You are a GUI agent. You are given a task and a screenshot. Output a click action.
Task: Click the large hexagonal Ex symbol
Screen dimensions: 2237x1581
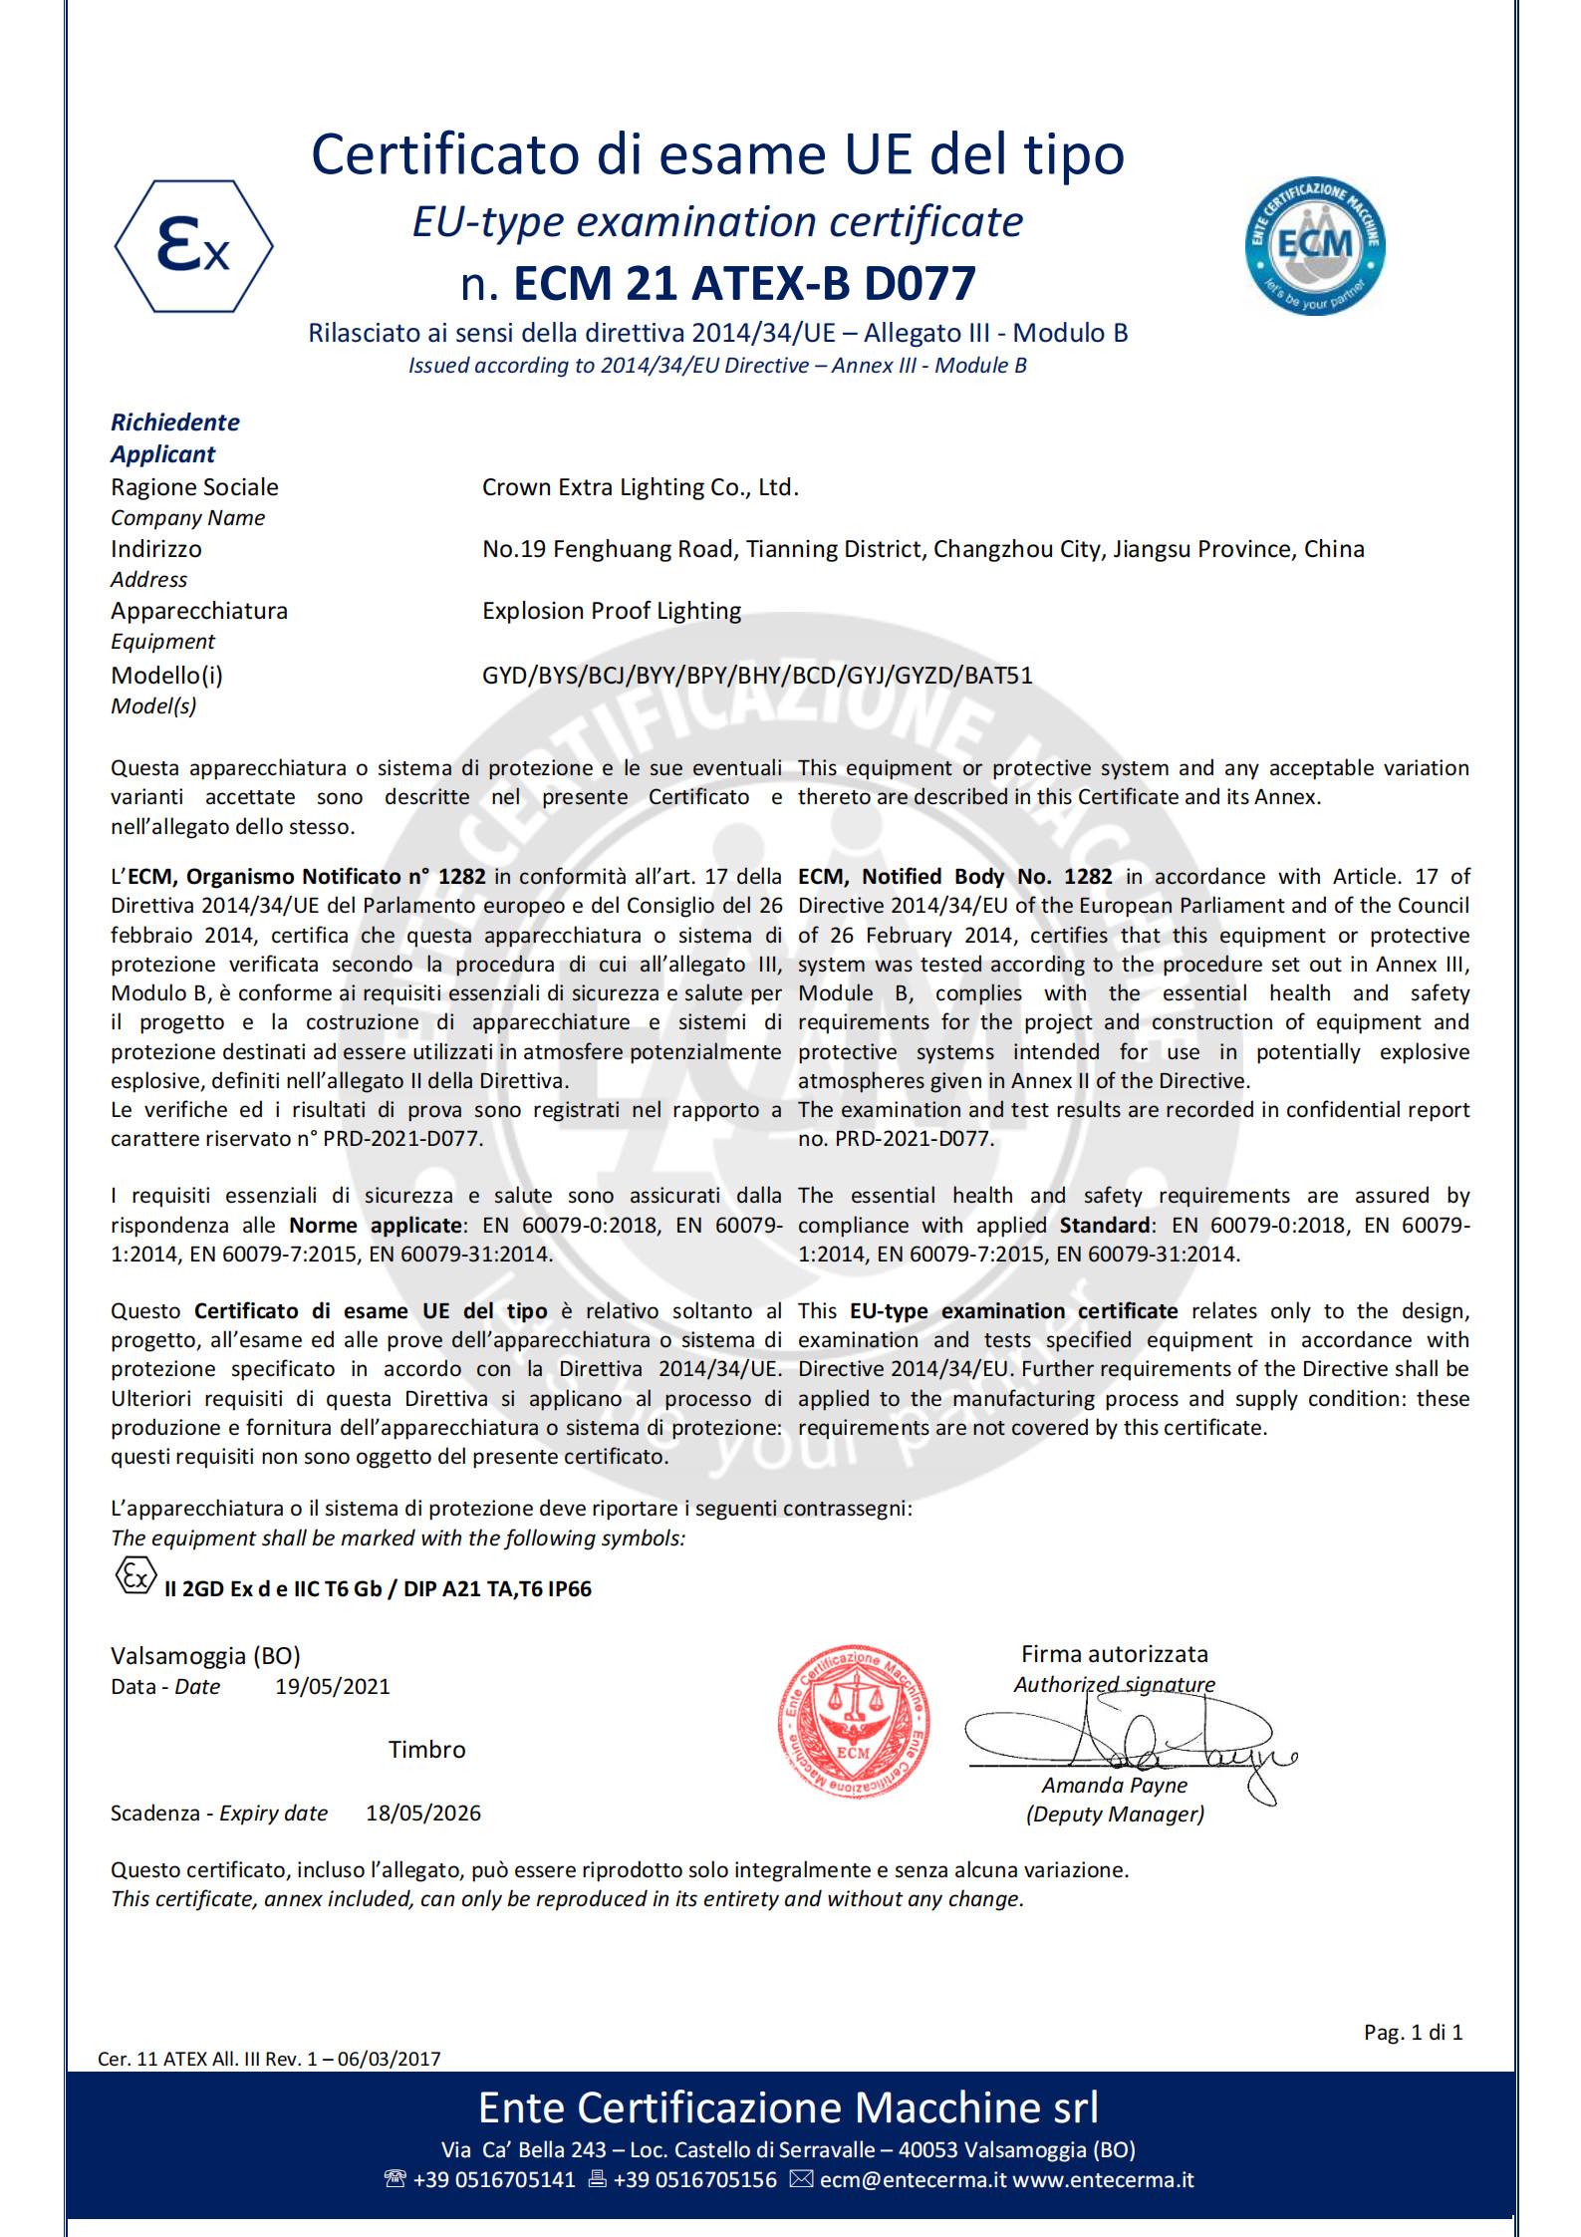(x=193, y=246)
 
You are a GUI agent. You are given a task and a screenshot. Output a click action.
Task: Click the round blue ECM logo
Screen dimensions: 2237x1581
(x=1314, y=246)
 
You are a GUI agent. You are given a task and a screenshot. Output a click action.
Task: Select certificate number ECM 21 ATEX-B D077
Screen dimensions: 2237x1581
(x=743, y=283)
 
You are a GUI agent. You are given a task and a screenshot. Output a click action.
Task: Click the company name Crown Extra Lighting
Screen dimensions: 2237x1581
(x=640, y=487)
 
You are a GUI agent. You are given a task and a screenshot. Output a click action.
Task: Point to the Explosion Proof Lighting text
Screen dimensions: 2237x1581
(x=612, y=611)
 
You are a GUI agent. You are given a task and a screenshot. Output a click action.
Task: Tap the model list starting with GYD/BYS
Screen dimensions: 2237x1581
(x=757, y=676)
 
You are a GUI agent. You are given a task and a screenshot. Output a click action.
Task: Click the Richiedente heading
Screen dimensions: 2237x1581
(x=175, y=422)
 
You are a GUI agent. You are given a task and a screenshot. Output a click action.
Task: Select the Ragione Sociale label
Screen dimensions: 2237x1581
(x=194, y=487)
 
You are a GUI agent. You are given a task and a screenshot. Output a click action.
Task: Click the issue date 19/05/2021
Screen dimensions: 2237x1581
(x=333, y=1686)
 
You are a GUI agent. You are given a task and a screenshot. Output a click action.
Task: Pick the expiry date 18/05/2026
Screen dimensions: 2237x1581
(x=423, y=1813)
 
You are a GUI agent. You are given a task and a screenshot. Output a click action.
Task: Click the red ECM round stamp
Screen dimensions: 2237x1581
(x=854, y=1721)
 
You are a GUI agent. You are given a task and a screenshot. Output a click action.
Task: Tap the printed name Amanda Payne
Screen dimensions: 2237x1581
(x=1115, y=1785)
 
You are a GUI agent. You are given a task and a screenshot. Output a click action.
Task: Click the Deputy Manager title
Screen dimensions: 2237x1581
(x=1115, y=1814)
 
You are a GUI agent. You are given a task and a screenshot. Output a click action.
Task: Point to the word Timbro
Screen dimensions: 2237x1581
(x=426, y=1750)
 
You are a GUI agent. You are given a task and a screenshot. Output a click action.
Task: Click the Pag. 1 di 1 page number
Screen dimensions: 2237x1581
(x=1413, y=2032)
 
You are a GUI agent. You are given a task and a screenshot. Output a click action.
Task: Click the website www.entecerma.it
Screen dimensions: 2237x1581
(x=1103, y=2179)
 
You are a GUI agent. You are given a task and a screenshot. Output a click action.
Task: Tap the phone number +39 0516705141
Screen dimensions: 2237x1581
(x=494, y=2179)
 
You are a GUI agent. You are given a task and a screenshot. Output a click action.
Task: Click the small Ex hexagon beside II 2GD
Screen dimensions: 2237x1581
(x=135, y=1575)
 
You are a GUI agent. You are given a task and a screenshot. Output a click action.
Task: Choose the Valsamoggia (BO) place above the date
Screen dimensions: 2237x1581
(x=205, y=1655)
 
